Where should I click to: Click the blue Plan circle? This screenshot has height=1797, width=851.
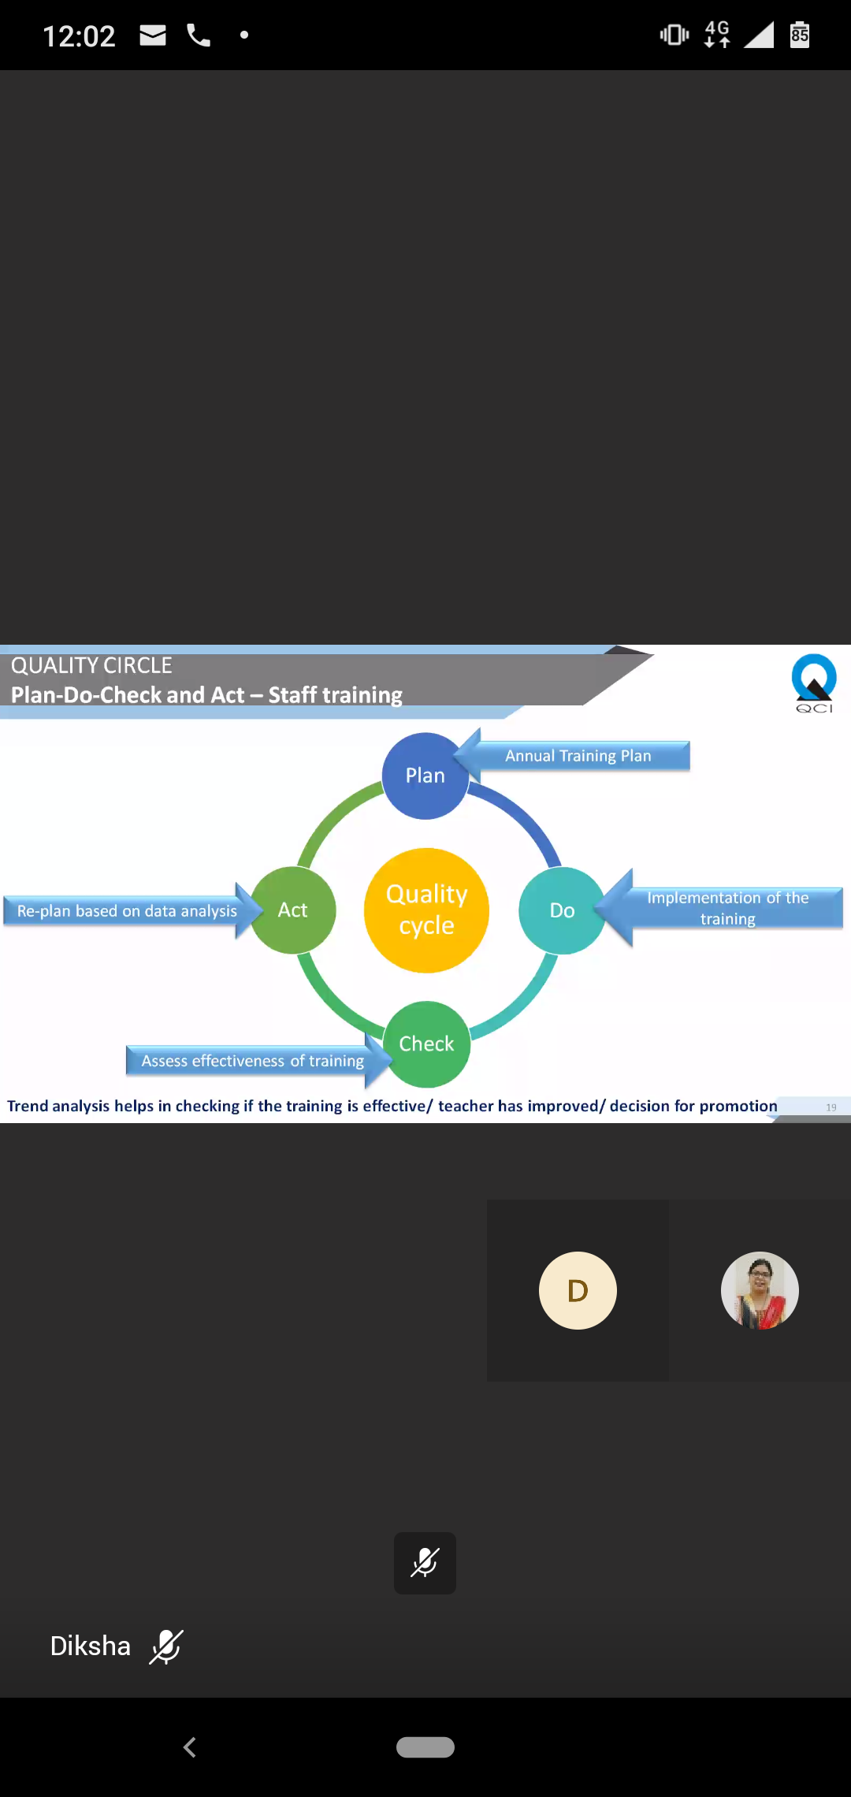pos(425,776)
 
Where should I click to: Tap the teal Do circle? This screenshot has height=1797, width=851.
pos(562,910)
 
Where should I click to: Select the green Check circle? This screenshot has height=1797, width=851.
pos(426,1044)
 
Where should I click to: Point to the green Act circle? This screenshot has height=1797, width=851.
pos(293,910)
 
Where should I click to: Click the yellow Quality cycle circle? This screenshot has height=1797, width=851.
pos(426,910)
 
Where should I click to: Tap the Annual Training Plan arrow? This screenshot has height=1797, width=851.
pos(578,756)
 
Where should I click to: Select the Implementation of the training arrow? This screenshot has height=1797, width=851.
pos(727,908)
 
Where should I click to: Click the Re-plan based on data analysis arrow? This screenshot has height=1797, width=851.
pos(128,911)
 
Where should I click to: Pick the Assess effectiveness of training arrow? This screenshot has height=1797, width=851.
pos(252,1061)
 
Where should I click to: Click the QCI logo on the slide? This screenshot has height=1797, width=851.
pos(814,683)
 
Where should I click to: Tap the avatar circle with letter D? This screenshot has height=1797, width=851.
pos(578,1290)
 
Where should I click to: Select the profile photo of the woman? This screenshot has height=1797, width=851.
pos(760,1290)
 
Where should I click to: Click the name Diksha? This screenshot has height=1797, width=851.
pos(91,1646)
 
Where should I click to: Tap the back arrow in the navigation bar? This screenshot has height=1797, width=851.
pos(190,1747)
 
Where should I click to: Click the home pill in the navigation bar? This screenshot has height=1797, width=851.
pos(425,1747)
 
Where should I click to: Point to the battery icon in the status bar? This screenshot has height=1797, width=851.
pos(800,35)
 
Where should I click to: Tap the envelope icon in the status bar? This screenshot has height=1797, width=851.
pos(153,35)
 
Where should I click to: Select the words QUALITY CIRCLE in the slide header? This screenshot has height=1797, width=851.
pos(91,666)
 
